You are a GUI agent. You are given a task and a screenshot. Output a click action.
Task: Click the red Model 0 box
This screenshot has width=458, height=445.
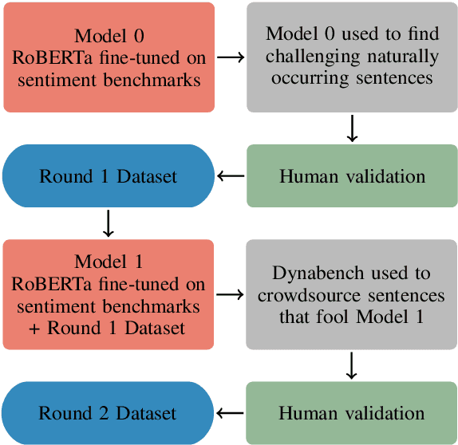(x=109, y=57)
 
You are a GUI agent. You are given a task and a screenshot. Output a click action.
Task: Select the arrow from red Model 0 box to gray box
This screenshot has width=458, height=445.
(x=231, y=57)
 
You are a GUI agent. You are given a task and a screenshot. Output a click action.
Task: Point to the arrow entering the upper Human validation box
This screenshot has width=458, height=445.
(x=352, y=128)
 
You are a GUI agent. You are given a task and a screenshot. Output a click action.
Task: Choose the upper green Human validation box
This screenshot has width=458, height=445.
(x=352, y=176)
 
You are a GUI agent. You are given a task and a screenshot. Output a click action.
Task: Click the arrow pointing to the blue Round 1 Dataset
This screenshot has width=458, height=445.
(x=231, y=176)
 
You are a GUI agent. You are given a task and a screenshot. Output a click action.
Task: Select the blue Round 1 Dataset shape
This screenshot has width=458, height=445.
(x=109, y=176)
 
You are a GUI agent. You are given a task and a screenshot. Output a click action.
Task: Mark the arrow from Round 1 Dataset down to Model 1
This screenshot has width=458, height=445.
(x=109, y=223)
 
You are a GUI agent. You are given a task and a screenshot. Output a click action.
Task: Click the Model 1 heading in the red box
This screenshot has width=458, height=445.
(x=109, y=262)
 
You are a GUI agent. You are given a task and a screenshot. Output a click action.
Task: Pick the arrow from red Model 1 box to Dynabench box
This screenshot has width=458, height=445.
(x=231, y=295)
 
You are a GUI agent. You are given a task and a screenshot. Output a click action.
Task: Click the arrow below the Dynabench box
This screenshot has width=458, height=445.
(x=352, y=366)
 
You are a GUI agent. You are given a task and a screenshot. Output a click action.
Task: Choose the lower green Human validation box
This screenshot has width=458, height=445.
(x=352, y=413)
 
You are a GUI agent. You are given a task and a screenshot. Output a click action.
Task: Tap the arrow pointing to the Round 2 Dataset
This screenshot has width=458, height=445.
(x=231, y=413)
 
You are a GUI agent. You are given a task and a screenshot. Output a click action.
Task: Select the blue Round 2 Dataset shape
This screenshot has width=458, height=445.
(x=109, y=413)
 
